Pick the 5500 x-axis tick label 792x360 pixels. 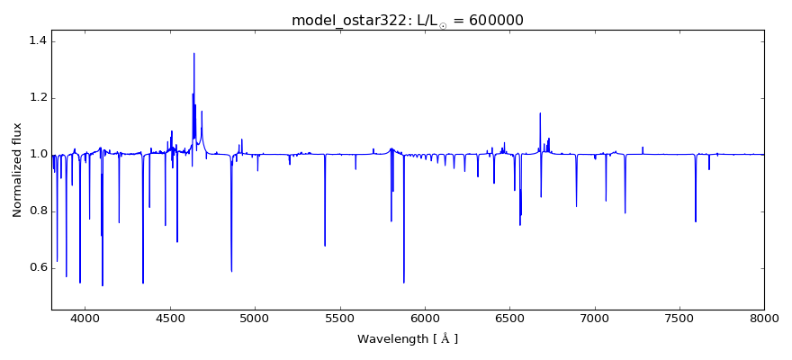[340, 318]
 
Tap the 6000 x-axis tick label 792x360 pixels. [425, 318]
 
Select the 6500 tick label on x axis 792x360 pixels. [509, 318]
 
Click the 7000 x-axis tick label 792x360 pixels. [595, 318]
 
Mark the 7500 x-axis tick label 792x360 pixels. [679, 318]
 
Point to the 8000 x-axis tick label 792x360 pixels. [764, 318]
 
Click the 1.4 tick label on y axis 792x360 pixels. [36, 41]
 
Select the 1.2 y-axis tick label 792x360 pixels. [36, 98]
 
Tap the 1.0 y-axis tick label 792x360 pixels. [36, 155]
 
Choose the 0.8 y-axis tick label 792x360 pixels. [36, 211]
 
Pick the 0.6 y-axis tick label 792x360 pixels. [36, 268]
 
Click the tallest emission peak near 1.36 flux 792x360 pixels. [193, 53]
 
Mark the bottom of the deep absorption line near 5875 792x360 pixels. [403, 282]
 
